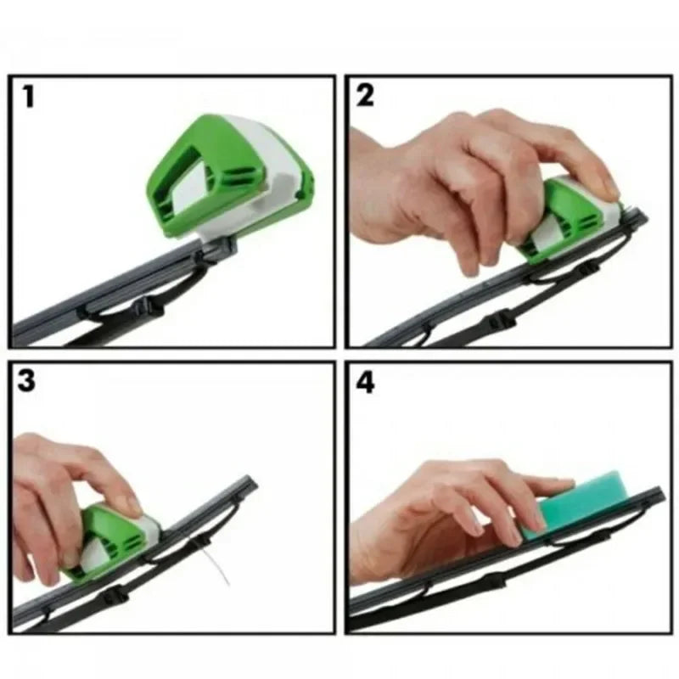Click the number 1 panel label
point(30,96)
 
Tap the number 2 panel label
point(365,96)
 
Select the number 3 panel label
point(27,380)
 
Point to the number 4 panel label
point(365,382)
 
